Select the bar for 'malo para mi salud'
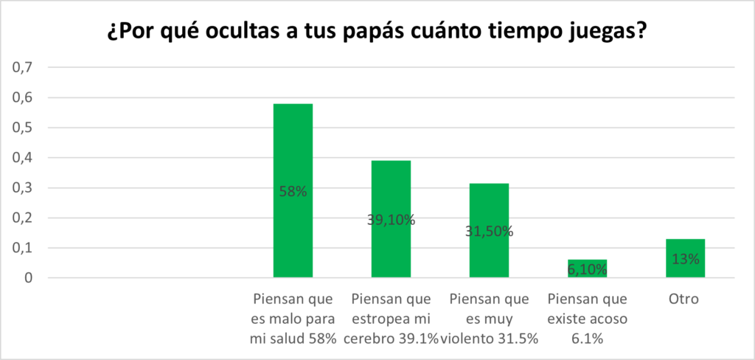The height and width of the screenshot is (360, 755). click(293, 148)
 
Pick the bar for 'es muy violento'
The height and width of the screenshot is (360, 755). click(489, 207)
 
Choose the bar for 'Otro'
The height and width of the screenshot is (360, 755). click(685, 247)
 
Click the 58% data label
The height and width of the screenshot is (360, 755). click(293, 192)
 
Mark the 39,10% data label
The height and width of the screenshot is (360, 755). click(391, 219)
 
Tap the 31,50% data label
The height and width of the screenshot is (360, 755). click(489, 232)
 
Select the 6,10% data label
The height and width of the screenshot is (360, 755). click(587, 270)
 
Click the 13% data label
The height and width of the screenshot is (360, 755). click(685, 260)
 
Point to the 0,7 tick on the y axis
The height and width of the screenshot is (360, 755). click(24, 67)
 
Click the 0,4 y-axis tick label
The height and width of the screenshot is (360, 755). click(24, 158)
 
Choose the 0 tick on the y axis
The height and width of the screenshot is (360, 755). click(29, 278)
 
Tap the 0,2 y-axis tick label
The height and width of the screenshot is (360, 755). click(24, 218)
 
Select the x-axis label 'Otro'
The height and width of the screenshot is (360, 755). click(685, 300)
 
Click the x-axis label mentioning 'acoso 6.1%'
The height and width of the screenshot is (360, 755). click(587, 319)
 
